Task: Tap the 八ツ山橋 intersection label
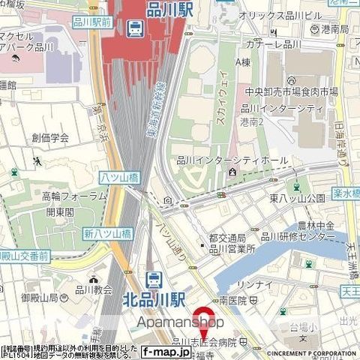click(x=119, y=177)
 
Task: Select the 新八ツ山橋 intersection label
click(x=108, y=234)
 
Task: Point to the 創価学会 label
click(x=50, y=137)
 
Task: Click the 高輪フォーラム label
click(x=74, y=196)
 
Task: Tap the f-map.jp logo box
click(x=166, y=350)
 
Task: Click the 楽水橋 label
click(x=346, y=193)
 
